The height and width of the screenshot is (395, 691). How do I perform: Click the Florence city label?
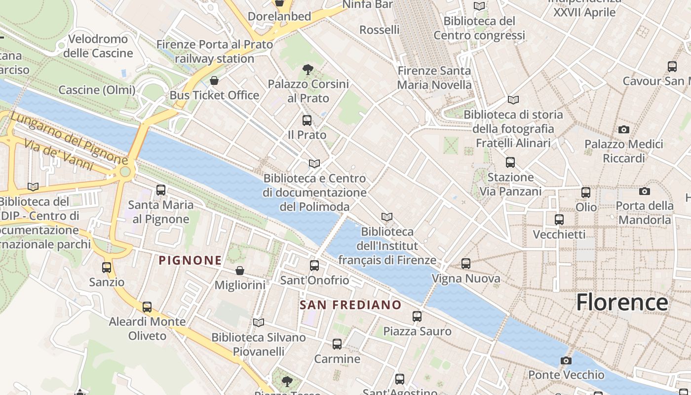tap(622, 302)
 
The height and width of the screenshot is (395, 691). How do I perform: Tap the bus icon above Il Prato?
tap(307, 120)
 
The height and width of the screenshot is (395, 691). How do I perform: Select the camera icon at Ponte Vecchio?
tap(566, 360)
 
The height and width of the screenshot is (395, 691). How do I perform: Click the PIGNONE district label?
tap(190, 260)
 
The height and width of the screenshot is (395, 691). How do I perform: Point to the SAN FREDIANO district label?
tap(350, 305)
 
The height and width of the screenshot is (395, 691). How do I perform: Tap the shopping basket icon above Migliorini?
tap(240, 271)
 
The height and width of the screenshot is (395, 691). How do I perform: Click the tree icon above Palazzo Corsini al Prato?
tap(308, 69)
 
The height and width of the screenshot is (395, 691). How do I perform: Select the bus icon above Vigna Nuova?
tap(466, 264)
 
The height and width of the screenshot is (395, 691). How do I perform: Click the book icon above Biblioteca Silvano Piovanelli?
tap(259, 322)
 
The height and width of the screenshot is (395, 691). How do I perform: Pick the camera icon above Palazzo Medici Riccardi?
tap(624, 129)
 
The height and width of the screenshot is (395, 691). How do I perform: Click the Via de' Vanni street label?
tap(59, 155)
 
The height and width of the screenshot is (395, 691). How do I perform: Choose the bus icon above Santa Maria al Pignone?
tap(160, 190)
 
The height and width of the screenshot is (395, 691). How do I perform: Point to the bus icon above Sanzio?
tap(107, 268)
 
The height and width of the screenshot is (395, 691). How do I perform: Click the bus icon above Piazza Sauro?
tap(417, 316)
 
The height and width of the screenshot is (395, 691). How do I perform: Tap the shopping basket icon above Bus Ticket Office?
tap(214, 80)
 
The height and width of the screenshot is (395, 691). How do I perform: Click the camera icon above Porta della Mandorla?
tap(644, 191)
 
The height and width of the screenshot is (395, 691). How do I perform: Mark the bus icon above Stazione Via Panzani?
tap(510, 162)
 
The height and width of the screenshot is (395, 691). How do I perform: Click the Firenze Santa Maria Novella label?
tap(434, 78)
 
